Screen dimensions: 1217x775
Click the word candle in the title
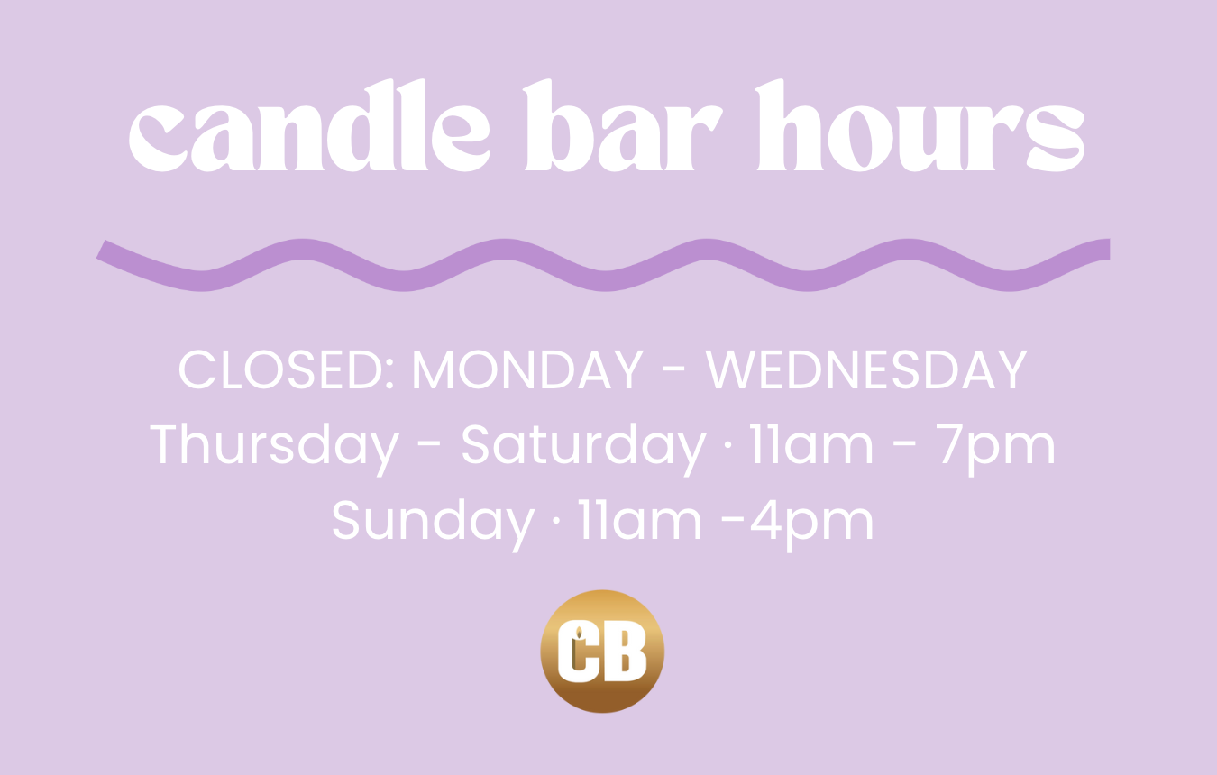pyautogui.click(x=310, y=125)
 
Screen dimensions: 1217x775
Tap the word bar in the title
pyautogui.click(x=623, y=125)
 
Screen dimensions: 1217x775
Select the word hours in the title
pyautogui.click(x=920, y=125)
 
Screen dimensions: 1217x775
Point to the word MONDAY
pyautogui.click(x=528, y=369)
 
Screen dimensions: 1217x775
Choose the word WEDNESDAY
pyautogui.click(x=866, y=369)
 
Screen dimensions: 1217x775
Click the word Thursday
pyautogui.click(x=275, y=449)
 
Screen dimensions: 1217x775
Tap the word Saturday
pyautogui.click(x=584, y=449)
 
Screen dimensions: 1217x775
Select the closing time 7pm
pyautogui.click(x=995, y=449)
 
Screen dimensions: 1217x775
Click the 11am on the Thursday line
pyautogui.click(x=811, y=444)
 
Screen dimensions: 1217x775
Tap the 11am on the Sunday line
pyautogui.click(x=640, y=520)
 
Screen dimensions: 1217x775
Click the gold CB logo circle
pyautogui.click(x=602, y=652)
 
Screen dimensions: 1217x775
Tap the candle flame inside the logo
pyautogui.click(x=579, y=632)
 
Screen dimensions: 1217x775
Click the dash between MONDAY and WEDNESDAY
pyautogui.click(x=673, y=371)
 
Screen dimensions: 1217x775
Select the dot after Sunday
pyautogui.click(x=555, y=521)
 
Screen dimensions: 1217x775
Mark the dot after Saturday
pyautogui.click(x=728, y=445)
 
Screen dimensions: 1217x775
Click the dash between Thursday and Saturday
pyautogui.click(x=429, y=447)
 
